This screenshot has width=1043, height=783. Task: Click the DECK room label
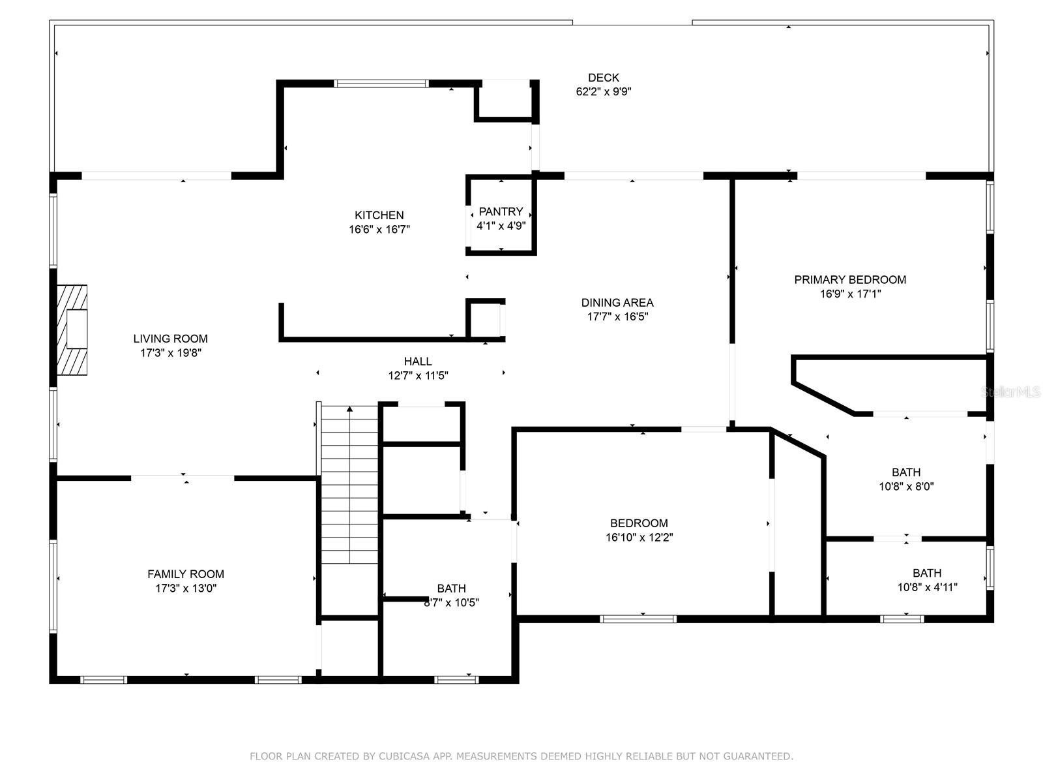pos(603,78)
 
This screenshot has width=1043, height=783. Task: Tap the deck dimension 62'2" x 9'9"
pos(603,91)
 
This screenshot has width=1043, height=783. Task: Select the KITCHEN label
pos(379,215)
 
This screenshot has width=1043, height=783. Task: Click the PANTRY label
pos(501,211)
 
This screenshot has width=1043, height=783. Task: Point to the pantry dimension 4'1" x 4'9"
pos(501,225)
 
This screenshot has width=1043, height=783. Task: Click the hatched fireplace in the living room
pos(72,330)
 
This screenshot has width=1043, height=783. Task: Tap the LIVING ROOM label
pos(170,339)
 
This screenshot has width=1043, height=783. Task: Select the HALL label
pos(418,361)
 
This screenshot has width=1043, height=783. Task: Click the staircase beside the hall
pos(349,484)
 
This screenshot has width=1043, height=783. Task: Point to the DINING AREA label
pos(617,302)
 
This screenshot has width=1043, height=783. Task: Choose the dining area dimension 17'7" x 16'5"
pos(617,316)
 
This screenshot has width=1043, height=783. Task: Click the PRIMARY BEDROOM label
pos(850,279)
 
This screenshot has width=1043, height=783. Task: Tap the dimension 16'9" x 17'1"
pos(850,294)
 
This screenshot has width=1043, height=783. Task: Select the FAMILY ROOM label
pos(185,574)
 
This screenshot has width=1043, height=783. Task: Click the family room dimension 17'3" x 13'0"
pos(185,588)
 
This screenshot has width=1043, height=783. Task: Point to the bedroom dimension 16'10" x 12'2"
pos(639,537)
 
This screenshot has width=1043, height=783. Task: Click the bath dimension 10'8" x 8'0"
pos(906,486)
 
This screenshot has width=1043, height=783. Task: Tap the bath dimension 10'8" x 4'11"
pos(927,587)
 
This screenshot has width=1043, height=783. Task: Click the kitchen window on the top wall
pos(381,84)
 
